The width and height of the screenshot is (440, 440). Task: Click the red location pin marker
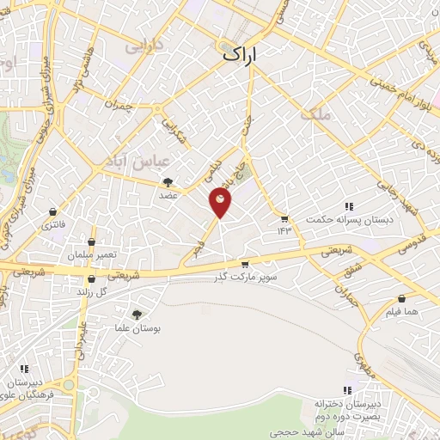tap(220, 202)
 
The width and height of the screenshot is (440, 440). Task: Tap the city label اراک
tap(240, 53)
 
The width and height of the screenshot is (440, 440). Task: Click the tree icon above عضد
tap(168, 181)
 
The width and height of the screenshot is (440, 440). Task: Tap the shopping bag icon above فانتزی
tap(54, 211)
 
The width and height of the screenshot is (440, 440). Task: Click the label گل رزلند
tap(95, 291)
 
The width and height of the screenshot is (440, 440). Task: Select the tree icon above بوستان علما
tap(137, 315)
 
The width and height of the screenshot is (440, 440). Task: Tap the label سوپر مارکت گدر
tap(246, 278)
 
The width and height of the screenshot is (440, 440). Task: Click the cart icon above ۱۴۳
tap(284, 218)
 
